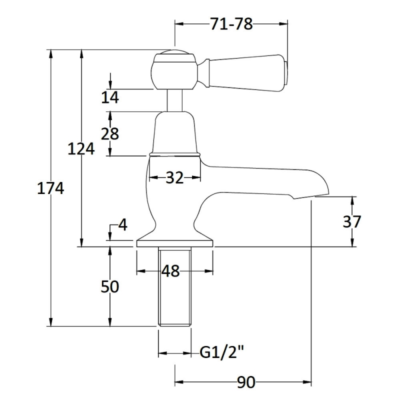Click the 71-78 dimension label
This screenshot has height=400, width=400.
tap(230, 23)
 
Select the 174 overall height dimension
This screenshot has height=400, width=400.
tap(50, 188)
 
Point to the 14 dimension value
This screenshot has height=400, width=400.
tap(109, 97)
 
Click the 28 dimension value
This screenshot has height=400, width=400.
tap(110, 133)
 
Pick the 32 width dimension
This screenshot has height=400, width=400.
tap(174, 177)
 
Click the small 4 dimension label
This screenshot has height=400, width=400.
tap(122, 225)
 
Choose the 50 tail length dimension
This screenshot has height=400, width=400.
tap(110, 287)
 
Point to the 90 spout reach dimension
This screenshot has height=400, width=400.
tap(245, 382)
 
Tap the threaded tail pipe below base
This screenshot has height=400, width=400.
tap(174, 287)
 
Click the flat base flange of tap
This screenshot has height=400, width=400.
tap(174, 242)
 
